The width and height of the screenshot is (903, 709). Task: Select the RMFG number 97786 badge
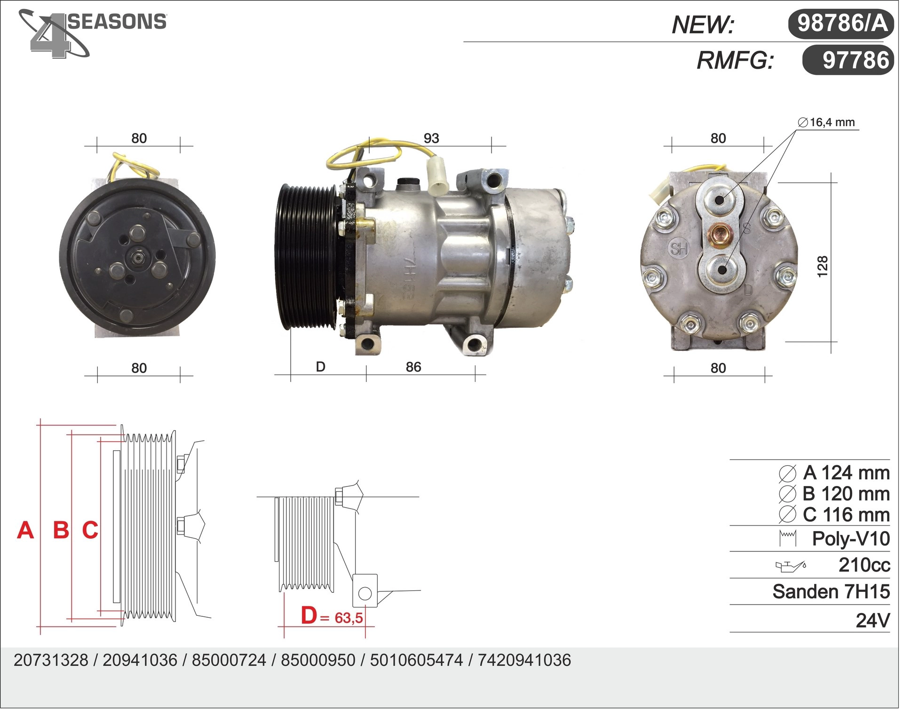pos(848,60)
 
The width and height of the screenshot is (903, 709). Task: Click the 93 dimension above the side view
pos(431,138)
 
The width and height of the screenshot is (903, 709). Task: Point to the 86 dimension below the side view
pos(413,367)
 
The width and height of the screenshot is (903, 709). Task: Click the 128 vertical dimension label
pos(822,267)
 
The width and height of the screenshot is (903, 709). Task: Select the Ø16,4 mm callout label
pos(826,122)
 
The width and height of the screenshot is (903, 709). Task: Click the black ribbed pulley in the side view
pos(306,256)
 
